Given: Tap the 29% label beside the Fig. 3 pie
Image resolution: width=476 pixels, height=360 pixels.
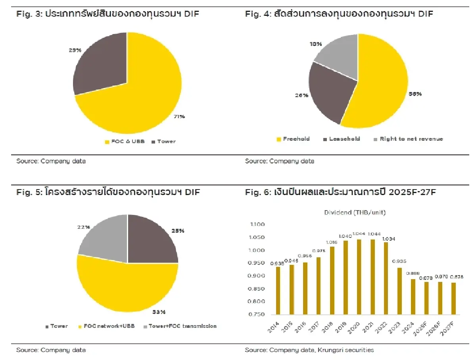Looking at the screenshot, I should pos(75,50).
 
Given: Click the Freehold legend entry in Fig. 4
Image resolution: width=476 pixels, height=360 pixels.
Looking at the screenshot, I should pos(293,139).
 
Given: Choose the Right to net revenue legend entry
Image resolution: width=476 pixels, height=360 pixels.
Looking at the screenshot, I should pos(408,139).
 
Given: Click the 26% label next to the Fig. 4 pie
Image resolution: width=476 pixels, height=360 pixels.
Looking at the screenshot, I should pos(301,95).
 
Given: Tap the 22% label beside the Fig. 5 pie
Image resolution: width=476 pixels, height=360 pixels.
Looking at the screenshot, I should pos(84,227).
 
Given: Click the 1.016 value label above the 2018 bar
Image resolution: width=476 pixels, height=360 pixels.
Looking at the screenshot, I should pos(332,242).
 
